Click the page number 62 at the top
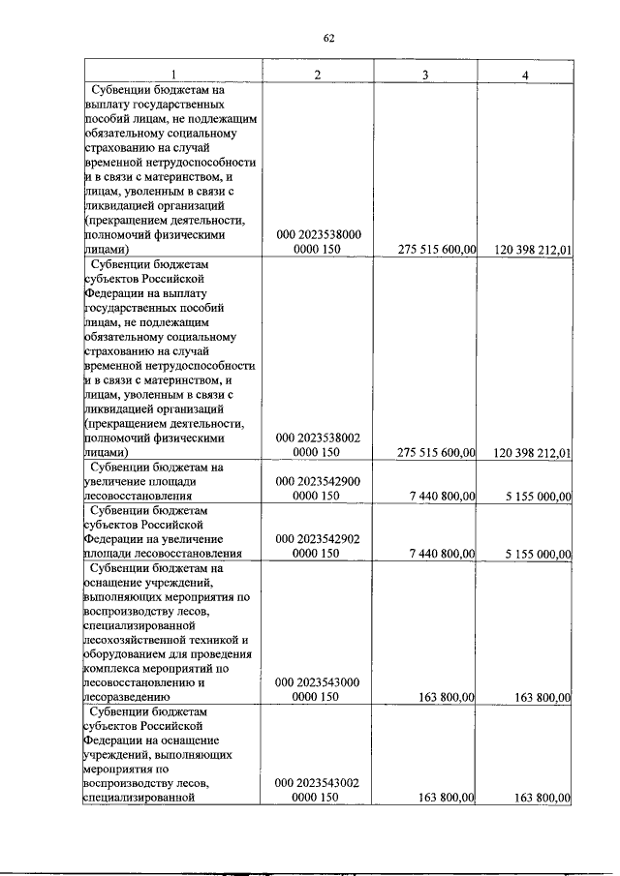[328, 38]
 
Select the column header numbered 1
[173, 75]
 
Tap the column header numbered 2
[317, 75]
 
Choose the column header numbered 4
[525, 75]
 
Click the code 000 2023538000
[318, 235]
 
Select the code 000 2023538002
[318, 438]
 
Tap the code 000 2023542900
[318, 481]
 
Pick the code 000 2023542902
[318, 539]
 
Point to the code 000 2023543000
[318, 682]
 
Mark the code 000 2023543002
[318, 784]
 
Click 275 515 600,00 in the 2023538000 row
[437, 250]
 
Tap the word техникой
[213, 640]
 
